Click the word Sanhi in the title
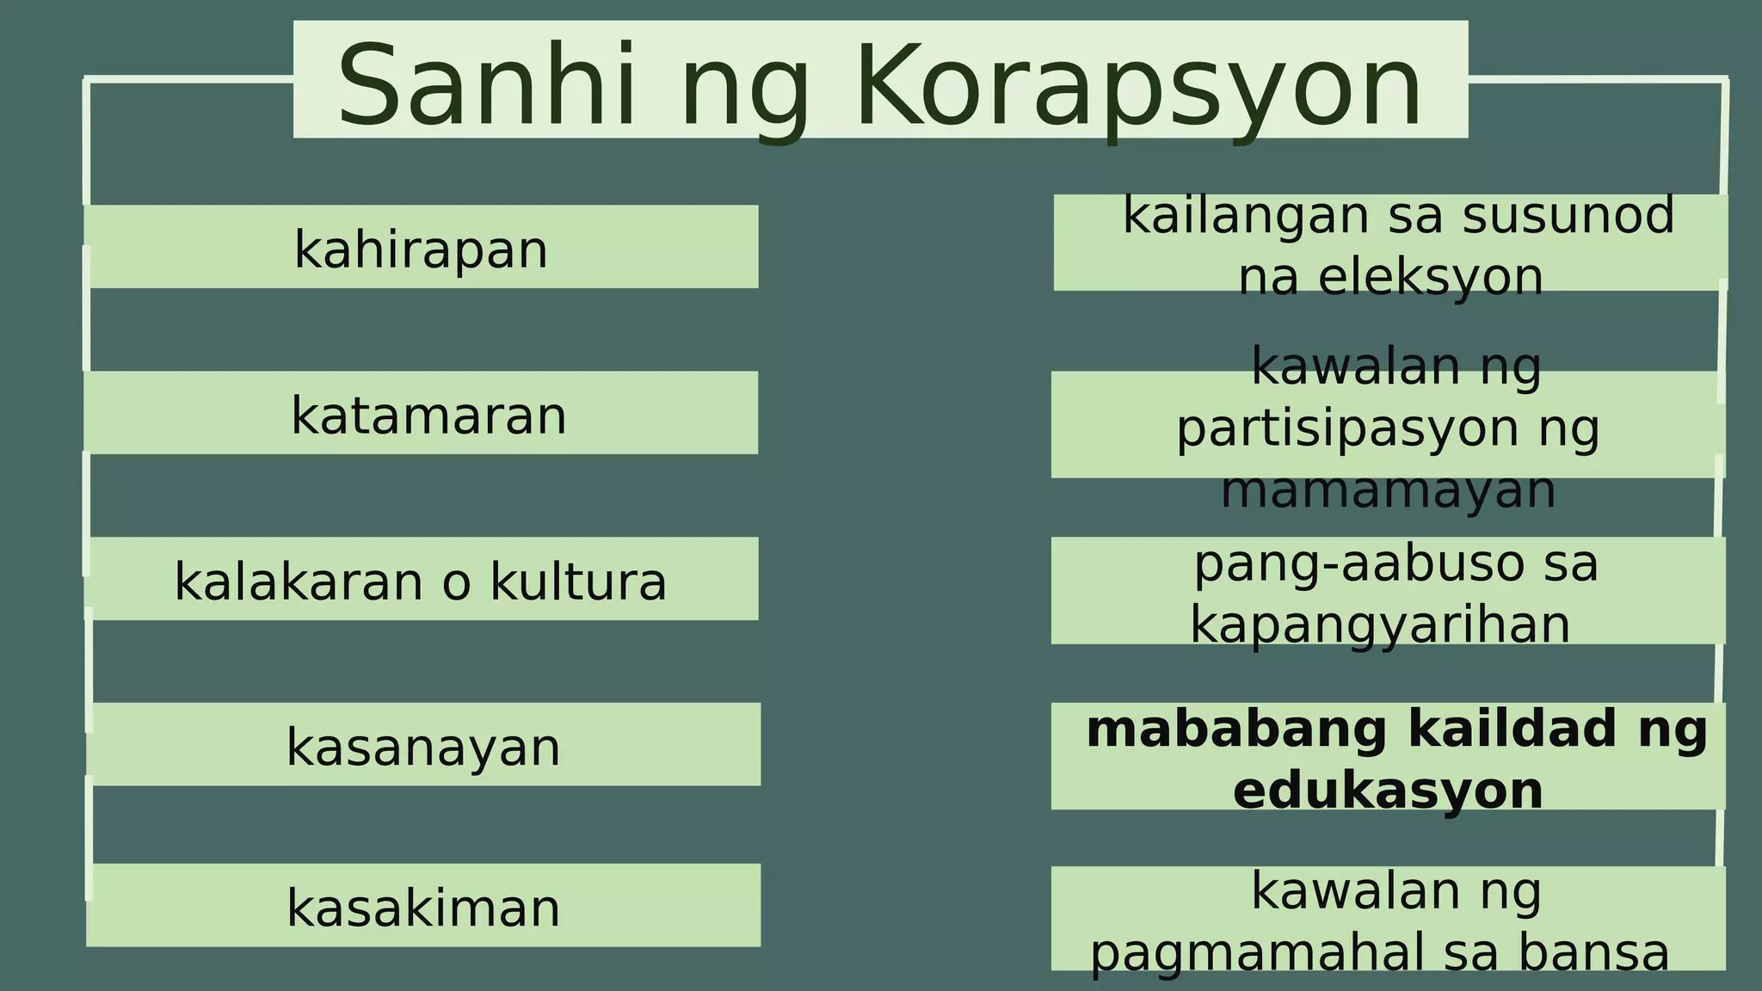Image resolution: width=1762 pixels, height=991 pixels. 486,86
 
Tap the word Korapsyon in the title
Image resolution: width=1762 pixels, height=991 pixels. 1138,86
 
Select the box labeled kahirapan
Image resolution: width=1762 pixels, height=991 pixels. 422,248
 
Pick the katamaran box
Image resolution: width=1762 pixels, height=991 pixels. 422,414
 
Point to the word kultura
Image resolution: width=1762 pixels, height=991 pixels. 578,581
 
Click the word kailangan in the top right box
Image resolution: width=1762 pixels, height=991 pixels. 1245,215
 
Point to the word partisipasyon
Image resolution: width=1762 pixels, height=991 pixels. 1347,428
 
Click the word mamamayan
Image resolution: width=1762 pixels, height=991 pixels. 1389,490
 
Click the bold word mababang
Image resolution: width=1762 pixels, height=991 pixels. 1236,729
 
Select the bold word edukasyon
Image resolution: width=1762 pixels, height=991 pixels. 1388,791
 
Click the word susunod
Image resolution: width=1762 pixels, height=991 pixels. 1568,215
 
